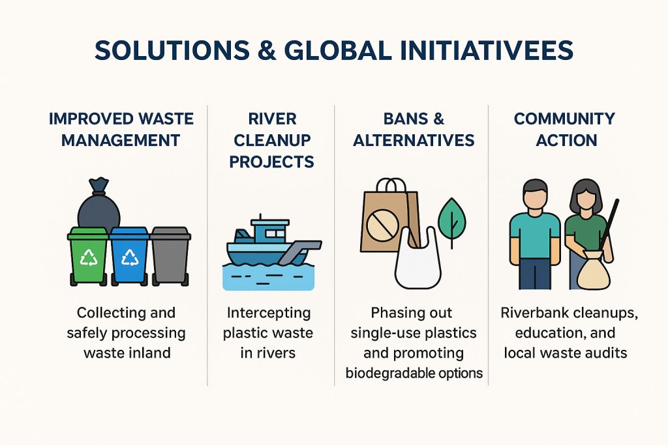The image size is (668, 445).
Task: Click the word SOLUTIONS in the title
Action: tap(172, 50)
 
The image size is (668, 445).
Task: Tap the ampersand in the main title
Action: tap(267, 50)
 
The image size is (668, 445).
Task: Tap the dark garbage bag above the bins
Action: tap(99, 204)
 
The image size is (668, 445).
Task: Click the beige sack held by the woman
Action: tap(594, 270)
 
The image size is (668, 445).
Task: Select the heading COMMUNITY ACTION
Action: tap(565, 130)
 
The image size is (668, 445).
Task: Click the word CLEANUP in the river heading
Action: tap(272, 140)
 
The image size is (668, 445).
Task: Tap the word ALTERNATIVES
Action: tap(414, 140)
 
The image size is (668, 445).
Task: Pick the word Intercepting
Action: tap(269, 313)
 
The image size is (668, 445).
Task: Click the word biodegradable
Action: tap(389, 373)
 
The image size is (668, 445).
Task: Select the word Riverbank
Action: tap(534, 313)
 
